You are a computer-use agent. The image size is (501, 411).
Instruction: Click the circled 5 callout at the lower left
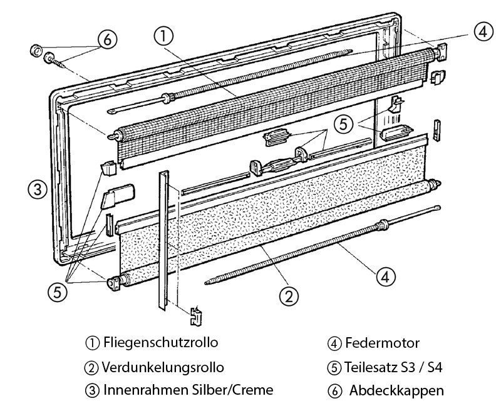click(58, 292)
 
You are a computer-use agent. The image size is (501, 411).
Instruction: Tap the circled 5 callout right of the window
click(344, 124)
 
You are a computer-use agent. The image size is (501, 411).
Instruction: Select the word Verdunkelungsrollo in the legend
click(163, 367)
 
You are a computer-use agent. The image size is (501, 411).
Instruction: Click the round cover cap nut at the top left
click(36, 49)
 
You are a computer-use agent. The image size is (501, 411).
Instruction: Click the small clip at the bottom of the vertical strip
click(196, 315)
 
